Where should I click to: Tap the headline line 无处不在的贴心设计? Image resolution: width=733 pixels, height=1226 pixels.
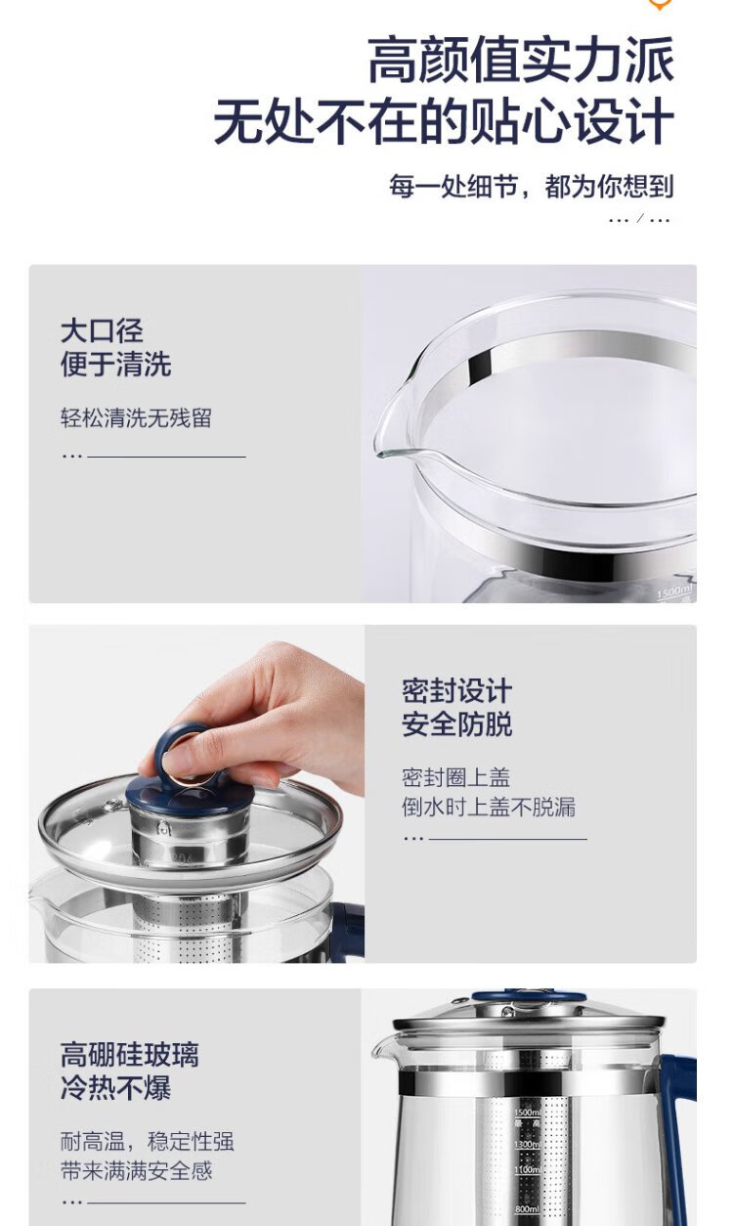444,121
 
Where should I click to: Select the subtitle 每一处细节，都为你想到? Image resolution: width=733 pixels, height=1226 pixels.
531,186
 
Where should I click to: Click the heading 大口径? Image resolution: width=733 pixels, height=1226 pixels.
102,330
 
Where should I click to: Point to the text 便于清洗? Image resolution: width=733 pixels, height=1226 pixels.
115,364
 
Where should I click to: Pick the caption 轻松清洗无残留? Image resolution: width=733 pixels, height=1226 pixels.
136,417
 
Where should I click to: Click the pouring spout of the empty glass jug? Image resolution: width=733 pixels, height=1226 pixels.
393,432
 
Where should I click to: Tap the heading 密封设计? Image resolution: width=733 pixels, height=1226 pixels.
457,690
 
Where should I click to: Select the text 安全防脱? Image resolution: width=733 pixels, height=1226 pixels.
457,724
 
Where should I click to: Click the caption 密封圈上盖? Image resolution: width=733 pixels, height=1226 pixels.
455,777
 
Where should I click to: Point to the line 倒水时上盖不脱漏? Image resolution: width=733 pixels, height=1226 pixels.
489,807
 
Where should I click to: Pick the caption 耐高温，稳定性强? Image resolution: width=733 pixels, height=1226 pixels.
148,1141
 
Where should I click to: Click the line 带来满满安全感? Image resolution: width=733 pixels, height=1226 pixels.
136,1170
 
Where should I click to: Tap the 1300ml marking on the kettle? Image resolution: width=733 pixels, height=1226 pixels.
526,1145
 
